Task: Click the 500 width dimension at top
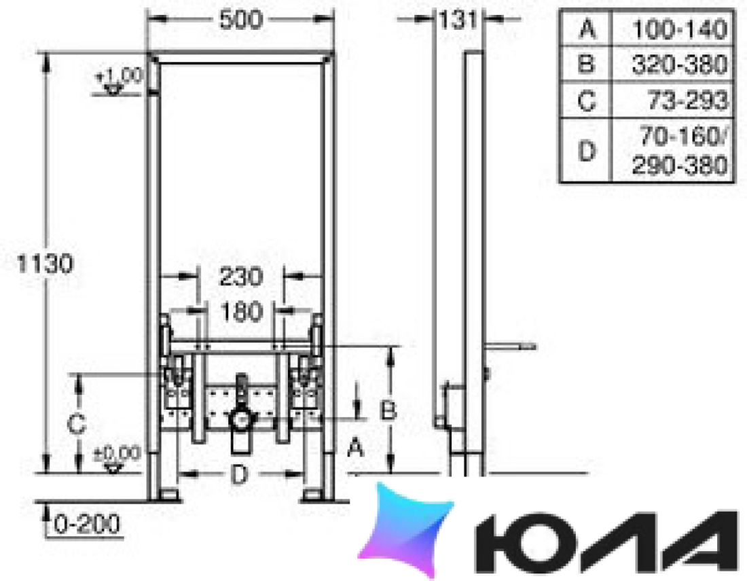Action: tap(240, 20)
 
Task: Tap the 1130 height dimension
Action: tap(45, 264)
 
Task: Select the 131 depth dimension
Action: tap(457, 20)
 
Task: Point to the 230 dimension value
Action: tap(240, 277)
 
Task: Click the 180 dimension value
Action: tap(242, 312)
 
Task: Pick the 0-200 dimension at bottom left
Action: tap(86, 525)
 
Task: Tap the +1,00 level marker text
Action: tap(120, 76)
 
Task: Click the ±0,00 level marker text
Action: tap(117, 453)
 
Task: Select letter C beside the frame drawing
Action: tap(76, 424)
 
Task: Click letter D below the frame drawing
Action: tap(239, 474)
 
